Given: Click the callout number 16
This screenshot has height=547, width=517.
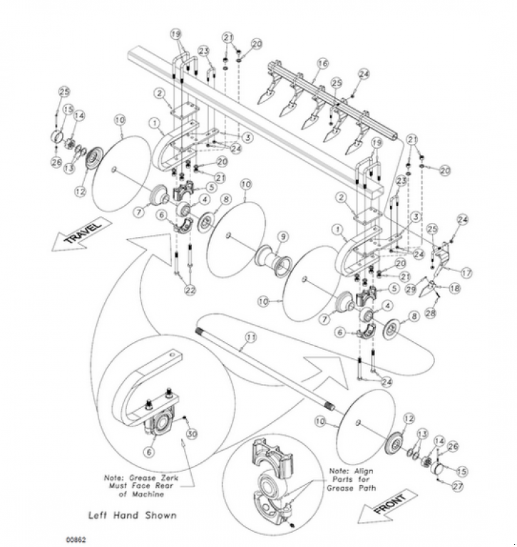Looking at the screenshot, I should (322, 64).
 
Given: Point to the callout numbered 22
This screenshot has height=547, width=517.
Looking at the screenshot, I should (189, 290).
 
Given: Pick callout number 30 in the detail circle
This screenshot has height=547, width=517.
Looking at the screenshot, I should (191, 434).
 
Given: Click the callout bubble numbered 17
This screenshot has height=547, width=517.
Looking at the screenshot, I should (467, 272).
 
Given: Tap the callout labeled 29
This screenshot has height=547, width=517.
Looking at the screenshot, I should (410, 289).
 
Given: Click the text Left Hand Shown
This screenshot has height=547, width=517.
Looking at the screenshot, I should (132, 514).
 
